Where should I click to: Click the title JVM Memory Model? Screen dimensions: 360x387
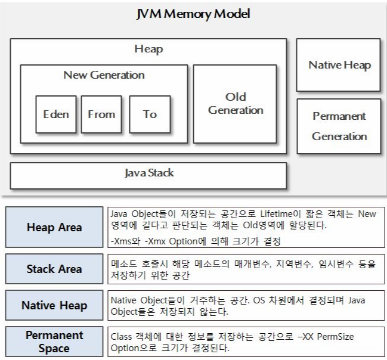(193, 13)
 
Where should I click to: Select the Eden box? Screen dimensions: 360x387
(55, 114)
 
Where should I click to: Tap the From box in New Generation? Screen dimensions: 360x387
(101, 114)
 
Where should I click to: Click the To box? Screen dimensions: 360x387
(150, 114)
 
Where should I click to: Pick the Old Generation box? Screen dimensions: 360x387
(235, 103)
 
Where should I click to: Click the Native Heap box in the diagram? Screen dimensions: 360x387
(338, 65)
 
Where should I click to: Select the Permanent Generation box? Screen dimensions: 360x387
(339, 126)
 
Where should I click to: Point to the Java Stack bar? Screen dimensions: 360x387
(148, 173)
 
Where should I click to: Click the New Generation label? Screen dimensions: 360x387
(104, 75)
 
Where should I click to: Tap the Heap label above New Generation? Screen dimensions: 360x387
(148, 49)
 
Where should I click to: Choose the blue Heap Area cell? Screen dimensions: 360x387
(54, 228)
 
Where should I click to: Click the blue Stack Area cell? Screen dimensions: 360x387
(54, 269)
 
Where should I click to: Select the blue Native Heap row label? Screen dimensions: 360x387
(54, 305)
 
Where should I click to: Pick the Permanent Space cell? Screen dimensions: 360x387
(54, 342)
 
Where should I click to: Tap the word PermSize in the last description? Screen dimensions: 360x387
(336, 337)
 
